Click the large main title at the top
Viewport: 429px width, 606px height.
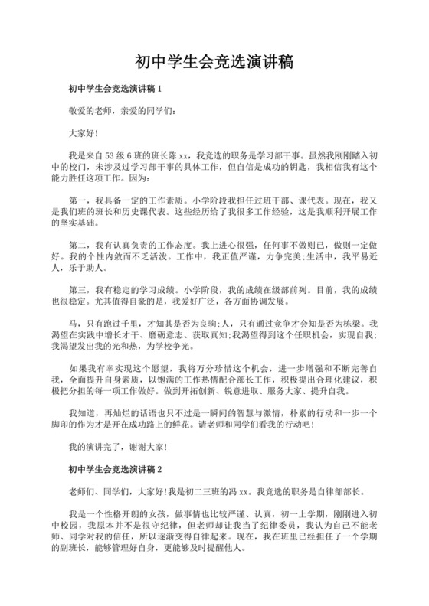215,60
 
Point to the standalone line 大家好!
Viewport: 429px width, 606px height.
84,132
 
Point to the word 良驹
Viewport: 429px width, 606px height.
202,324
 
